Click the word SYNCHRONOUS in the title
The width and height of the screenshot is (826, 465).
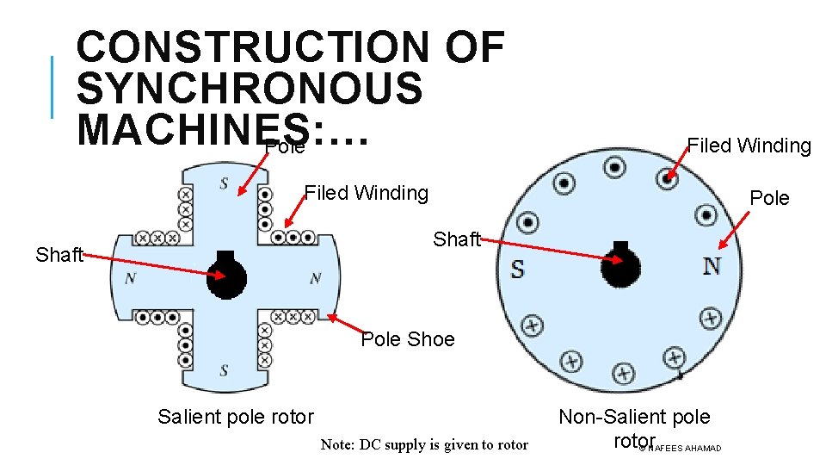click(250, 89)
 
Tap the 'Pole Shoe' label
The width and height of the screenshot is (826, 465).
click(407, 339)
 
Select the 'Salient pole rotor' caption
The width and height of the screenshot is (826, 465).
click(236, 418)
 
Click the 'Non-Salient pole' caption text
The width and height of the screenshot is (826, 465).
click(634, 417)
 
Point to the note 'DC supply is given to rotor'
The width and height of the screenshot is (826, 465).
click(424, 444)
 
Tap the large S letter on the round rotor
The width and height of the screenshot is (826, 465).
click(517, 270)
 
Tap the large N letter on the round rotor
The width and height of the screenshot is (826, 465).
click(712, 266)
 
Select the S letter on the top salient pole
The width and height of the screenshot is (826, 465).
click(224, 183)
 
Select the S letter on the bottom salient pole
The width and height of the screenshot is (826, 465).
click(224, 371)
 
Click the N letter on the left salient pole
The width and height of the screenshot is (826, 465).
click(130, 278)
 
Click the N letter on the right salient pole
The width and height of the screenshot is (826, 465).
click(315, 278)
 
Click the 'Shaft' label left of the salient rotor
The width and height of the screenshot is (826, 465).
click(59, 255)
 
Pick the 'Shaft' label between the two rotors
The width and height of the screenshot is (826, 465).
click(457, 239)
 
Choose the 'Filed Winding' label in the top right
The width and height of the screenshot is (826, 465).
click(749, 146)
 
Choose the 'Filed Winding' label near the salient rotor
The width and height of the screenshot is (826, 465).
click(367, 193)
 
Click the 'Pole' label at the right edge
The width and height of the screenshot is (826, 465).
click(769, 198)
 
